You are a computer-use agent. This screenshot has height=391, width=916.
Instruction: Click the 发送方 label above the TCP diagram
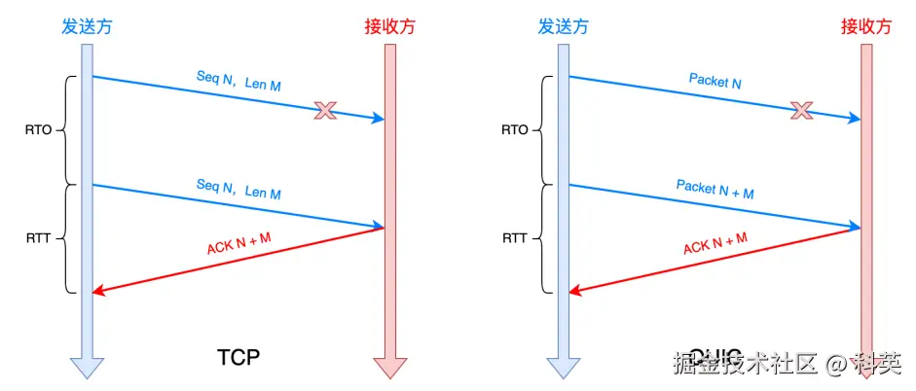[x=86, y=26]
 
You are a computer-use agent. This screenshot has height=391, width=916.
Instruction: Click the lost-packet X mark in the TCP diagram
[x=325, y=111]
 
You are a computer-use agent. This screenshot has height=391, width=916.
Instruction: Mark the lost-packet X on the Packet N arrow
[x=801, y=110]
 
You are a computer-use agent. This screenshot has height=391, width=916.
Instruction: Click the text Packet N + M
[x=714, y=189]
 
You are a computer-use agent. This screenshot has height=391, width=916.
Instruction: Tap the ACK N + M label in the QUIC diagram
[x=714, y=241]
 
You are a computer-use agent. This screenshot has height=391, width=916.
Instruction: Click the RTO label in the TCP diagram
[x=39, y=128]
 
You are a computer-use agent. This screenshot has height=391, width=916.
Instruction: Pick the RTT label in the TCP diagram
[x=39, y=236]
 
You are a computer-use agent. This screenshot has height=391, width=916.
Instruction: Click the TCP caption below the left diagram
[x=238, y=357]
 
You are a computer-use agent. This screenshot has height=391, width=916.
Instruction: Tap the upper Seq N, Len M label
[x=238, y=83]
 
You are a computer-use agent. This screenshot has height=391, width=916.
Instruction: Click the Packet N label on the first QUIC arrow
[x=714, y=82]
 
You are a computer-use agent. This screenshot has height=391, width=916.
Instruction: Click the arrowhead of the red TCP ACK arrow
[x=97, y=290]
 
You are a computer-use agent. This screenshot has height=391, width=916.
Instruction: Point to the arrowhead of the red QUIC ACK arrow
[x=574, y=290]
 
